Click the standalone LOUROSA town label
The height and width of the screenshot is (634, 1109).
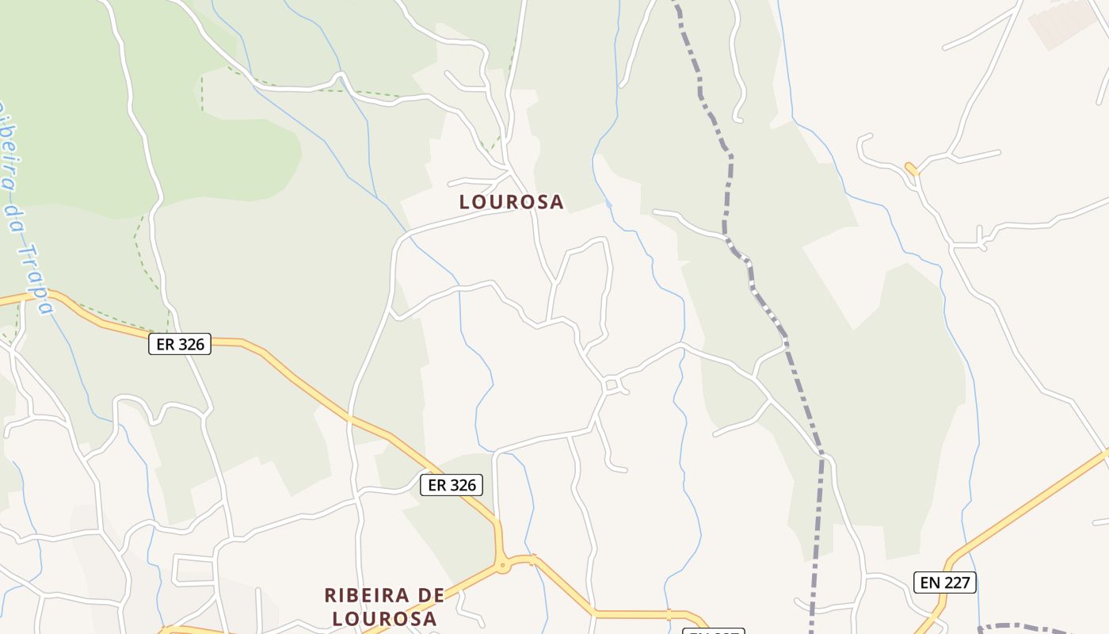click(x=511, y=202)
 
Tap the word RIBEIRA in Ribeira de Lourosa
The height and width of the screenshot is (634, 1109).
click(x=367, y=595)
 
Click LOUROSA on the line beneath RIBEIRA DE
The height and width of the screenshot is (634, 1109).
click(x=384, y=618)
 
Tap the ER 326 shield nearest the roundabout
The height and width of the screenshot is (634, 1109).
click(x=451, y=485)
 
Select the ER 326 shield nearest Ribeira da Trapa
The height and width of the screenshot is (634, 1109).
click(x=180, y=344)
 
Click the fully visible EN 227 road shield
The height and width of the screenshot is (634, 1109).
click(x=945, y=582)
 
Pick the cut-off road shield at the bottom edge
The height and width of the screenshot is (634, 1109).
click(x=713, y=631)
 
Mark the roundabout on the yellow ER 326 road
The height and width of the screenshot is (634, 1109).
click(x=501, y=566)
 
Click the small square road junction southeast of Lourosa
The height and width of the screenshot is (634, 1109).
click(x=612, y=386)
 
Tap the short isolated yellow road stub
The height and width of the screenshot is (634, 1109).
click(x=911, y=169)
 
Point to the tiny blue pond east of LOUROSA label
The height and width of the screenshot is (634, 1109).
click(x=608, y=204)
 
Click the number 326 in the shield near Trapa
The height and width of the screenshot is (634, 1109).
click(x=191, y=344)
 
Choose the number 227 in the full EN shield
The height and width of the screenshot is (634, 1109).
click(x=956, y=582)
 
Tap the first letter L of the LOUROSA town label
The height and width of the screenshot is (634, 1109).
click(x=465, y=202)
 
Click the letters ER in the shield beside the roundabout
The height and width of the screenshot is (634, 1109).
click(x=436, y=485)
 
